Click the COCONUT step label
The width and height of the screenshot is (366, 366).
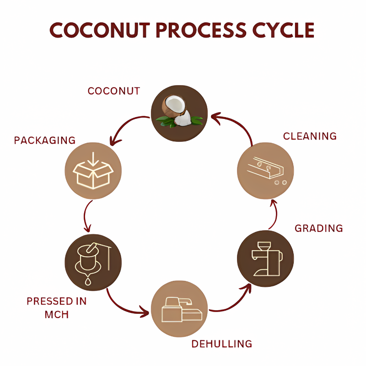pyautogui.click(x=114, y=91)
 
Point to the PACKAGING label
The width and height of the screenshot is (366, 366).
pyautogui.click(x=45, y=140)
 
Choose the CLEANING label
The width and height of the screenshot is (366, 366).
pyautogui.click(x=310, y=136)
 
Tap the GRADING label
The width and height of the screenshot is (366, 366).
pyautogui.click(x=318, y=228)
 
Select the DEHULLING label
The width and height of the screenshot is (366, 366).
pyautogui.click(x=221, y=344)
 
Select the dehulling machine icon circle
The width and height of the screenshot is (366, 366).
pyautogui.click(x=179, y=309)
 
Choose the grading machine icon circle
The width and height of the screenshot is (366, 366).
pyautogui.click(x=266, y=258)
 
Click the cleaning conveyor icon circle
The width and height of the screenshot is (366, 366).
pyautogui.click(x=265, y=171)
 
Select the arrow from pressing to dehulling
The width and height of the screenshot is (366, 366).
pyautogui.click(x=121, y=307)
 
